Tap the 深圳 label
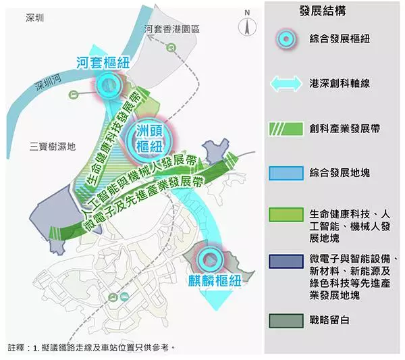(35, 18)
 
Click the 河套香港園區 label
(172, 29)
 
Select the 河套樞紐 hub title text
(103, 63)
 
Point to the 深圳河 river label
(49, 82)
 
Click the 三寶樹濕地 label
(53, 147)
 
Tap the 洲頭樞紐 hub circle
(149, 140)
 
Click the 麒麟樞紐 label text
(215, 281)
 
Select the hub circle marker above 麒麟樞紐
(210, 260)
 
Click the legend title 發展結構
(323, 11)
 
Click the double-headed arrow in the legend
(286, 84)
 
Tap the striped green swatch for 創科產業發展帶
(286, 129)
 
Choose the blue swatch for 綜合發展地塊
(286, 173)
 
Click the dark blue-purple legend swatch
(286, 261)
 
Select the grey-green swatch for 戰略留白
(286, 321)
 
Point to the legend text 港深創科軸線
(340, 84)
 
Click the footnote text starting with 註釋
(91, 348)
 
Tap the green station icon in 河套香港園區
(171, 47)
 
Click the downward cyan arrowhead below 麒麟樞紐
(217, 300)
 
